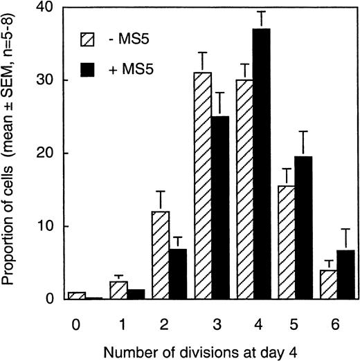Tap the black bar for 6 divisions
(x=339, y=275)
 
